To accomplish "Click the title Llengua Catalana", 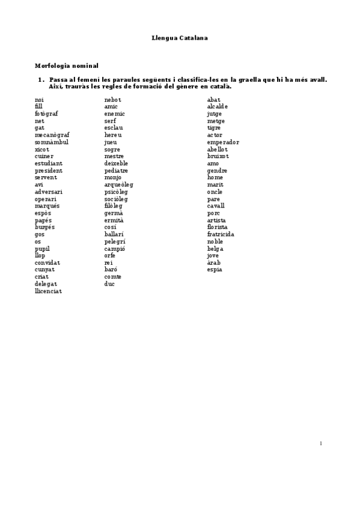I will [x=179, y=38].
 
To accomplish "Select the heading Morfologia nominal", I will [x=66, y=66].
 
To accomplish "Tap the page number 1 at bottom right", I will [x=321, y=444].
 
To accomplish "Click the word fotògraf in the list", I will [x=46, y=114].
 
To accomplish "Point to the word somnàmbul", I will [x=52, y=142].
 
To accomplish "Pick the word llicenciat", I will [x=48, y=291].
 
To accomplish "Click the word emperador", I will [x=223, y=142].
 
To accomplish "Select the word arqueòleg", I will [x=118, y=185].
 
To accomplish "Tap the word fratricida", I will [x=221, y=235].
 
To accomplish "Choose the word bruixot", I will [x=218, y=156].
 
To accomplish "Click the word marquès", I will [x=47, y=206].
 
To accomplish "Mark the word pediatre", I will [x=116, y=171].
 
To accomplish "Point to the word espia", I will [x=215, y=270].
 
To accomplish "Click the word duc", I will [x=109, y=284].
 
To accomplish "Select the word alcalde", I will [x=218, y=106].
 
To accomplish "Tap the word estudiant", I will [x=49, y=164].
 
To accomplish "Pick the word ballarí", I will [x=114, y=235].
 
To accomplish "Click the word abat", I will [x=213, y=100].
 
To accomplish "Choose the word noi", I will [x=39, y=100].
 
